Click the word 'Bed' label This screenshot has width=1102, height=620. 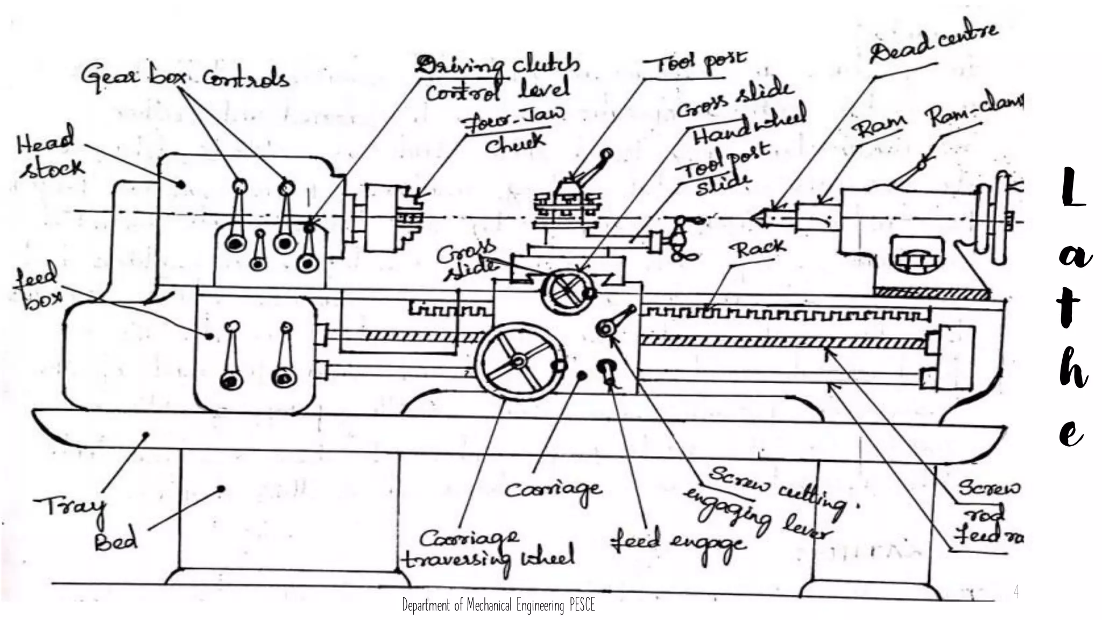coord(116,541)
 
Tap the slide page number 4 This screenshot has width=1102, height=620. coord(1016,591)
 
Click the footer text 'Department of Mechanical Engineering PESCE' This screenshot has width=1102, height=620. coord(498,605)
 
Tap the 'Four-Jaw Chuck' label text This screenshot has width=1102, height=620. coord(514,130)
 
